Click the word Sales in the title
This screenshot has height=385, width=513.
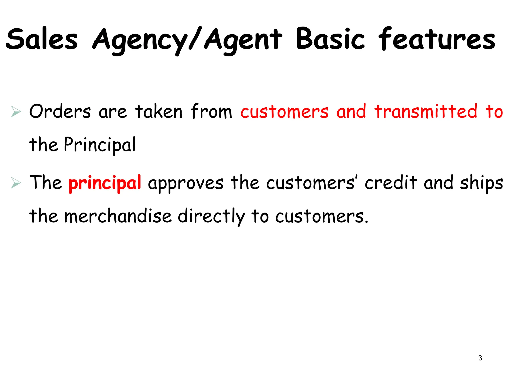(42, 39)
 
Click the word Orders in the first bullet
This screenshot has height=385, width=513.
(60, 111)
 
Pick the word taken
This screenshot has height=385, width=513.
(159, 111)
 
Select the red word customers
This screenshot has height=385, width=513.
(284, 112)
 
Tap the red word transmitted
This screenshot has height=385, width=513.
(426, 111)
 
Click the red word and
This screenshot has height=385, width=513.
(351, 111)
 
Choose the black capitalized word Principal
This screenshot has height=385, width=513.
(100, 145)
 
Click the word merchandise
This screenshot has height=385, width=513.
(118, 216)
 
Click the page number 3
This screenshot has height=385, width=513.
(480, 358)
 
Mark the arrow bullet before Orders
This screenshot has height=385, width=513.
(16, 112)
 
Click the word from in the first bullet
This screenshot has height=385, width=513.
(211, 111)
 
